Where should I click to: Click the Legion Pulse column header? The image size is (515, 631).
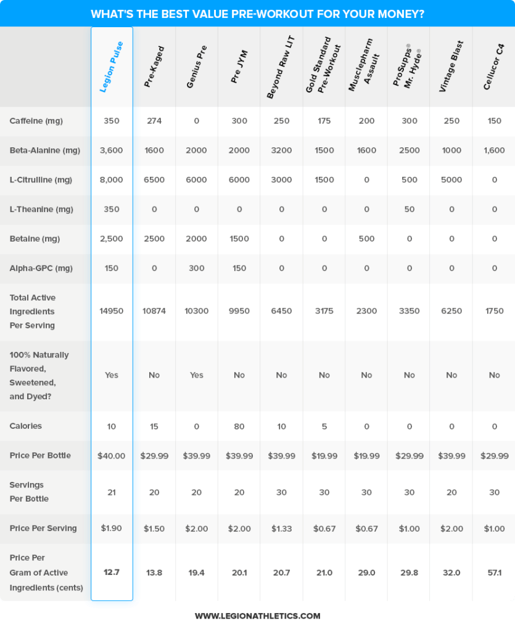point(112,67)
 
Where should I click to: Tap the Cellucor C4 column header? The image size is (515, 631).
point(493,66)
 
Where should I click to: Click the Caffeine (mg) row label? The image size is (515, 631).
point(36,121)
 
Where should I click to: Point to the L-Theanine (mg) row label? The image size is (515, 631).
point(41,210)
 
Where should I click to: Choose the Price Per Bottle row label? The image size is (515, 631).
point(40,455)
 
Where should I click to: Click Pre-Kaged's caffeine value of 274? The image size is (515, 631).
point(154,121)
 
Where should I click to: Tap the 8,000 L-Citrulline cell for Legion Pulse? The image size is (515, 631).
point(112,180)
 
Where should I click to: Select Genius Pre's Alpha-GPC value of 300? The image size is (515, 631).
point(197,268)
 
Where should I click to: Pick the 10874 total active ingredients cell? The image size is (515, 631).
point(154,311)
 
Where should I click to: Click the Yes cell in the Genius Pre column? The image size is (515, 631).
point(197,375)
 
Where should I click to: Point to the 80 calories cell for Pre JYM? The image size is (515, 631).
point(239,426)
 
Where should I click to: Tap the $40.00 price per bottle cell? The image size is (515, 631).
point(112,456)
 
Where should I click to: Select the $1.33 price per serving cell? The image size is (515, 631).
point(281,529)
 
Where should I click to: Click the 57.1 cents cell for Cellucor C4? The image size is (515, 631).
point(495,573)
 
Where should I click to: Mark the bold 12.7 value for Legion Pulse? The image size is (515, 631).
point(112,572)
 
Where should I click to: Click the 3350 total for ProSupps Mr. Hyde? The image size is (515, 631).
point(410,311)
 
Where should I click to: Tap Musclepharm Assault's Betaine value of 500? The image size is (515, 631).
point(366,239)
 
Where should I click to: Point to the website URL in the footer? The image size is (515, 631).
point(257,616)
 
